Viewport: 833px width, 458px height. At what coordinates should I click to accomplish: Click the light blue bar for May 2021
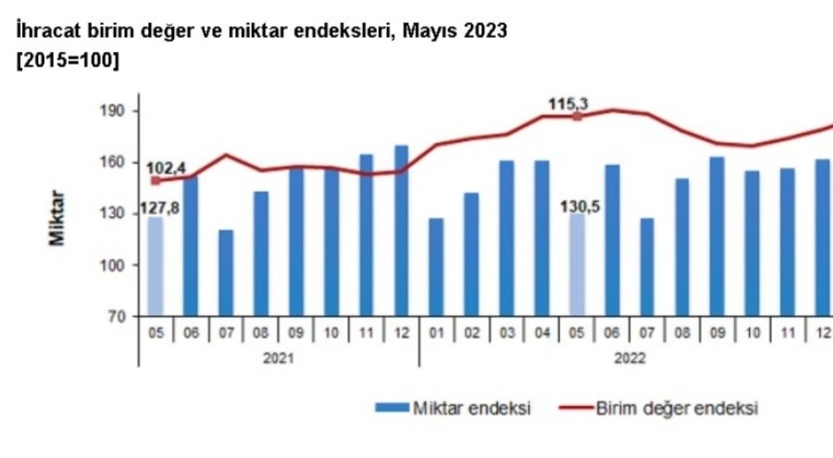tap(155, 266)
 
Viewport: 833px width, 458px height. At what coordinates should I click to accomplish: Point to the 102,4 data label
tap(167, 167)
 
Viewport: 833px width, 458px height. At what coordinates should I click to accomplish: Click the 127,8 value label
tap(159, 208)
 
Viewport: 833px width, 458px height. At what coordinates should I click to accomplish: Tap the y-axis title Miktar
tap(57, 218)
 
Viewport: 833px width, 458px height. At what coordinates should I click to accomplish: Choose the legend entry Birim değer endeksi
tap(676, 407)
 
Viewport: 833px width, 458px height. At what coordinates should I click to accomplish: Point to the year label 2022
tap(629, 357)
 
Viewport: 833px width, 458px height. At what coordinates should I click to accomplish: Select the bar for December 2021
tap(401, 230)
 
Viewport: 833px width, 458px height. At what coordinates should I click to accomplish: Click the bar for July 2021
tap(226, 273)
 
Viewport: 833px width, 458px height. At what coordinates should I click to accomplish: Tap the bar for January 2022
tap(436, 267)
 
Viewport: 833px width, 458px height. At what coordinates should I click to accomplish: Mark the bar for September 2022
tap(716, 237)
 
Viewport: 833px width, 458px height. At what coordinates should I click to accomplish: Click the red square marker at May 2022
tap(578, 118)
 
